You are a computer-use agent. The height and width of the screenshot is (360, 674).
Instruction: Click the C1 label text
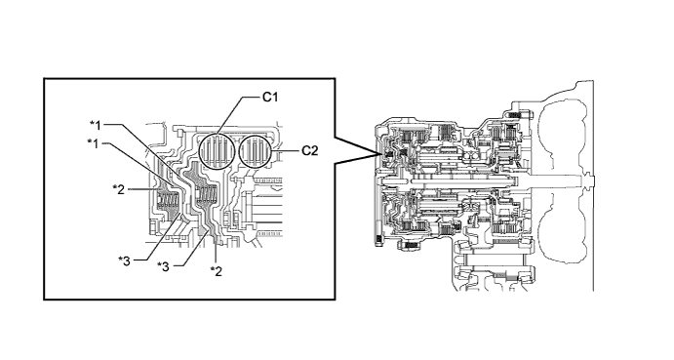click(270, 98)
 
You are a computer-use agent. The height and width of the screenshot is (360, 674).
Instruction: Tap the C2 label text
click(309, 150)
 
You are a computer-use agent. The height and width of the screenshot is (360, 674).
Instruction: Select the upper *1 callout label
click(96, 125)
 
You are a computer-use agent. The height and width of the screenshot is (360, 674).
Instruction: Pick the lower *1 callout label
click(93, 143)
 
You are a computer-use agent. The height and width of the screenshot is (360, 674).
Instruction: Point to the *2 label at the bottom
click(217, 271)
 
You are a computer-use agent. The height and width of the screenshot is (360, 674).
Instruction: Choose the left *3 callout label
click(124, 260)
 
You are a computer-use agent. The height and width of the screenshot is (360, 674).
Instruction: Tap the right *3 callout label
click(163, 266)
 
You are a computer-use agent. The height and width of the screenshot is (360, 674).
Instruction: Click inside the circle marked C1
click(218, 151)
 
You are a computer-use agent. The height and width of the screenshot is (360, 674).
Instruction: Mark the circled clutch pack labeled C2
click(257, 150)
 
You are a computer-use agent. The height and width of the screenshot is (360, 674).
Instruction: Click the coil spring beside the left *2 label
click(168, 200)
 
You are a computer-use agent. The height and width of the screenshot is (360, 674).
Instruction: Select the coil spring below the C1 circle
click(205, 195)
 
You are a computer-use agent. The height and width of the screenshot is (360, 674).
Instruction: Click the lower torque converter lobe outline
click(562, 235)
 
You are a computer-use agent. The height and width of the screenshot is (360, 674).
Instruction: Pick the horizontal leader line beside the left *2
click(142, 189)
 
